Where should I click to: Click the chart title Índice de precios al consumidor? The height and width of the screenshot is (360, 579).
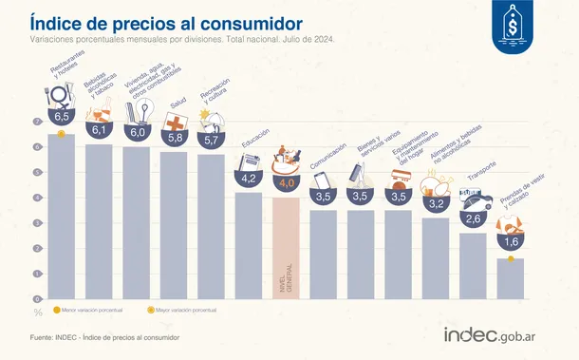click(x=166, y=21)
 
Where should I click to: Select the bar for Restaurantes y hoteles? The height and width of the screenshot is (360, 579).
click(x=62, y=218)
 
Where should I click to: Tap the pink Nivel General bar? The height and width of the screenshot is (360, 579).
click(x=286, y=247)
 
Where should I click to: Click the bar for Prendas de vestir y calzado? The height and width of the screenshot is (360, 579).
click(x=511, y=277)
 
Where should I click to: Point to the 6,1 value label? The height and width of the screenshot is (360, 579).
click(x=99, y=130)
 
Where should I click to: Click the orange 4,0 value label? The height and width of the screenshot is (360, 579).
click(x=286, y=182)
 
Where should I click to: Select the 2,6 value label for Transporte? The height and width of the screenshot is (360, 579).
click(x=473, y=218)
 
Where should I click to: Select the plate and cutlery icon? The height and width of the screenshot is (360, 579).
click(x=59, y=96)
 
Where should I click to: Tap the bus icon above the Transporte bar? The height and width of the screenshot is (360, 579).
click(x=472, y=198)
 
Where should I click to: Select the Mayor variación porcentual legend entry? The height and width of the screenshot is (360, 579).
click(x=184, y=310)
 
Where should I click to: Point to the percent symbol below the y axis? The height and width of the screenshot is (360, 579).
click(x=38, y=311)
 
